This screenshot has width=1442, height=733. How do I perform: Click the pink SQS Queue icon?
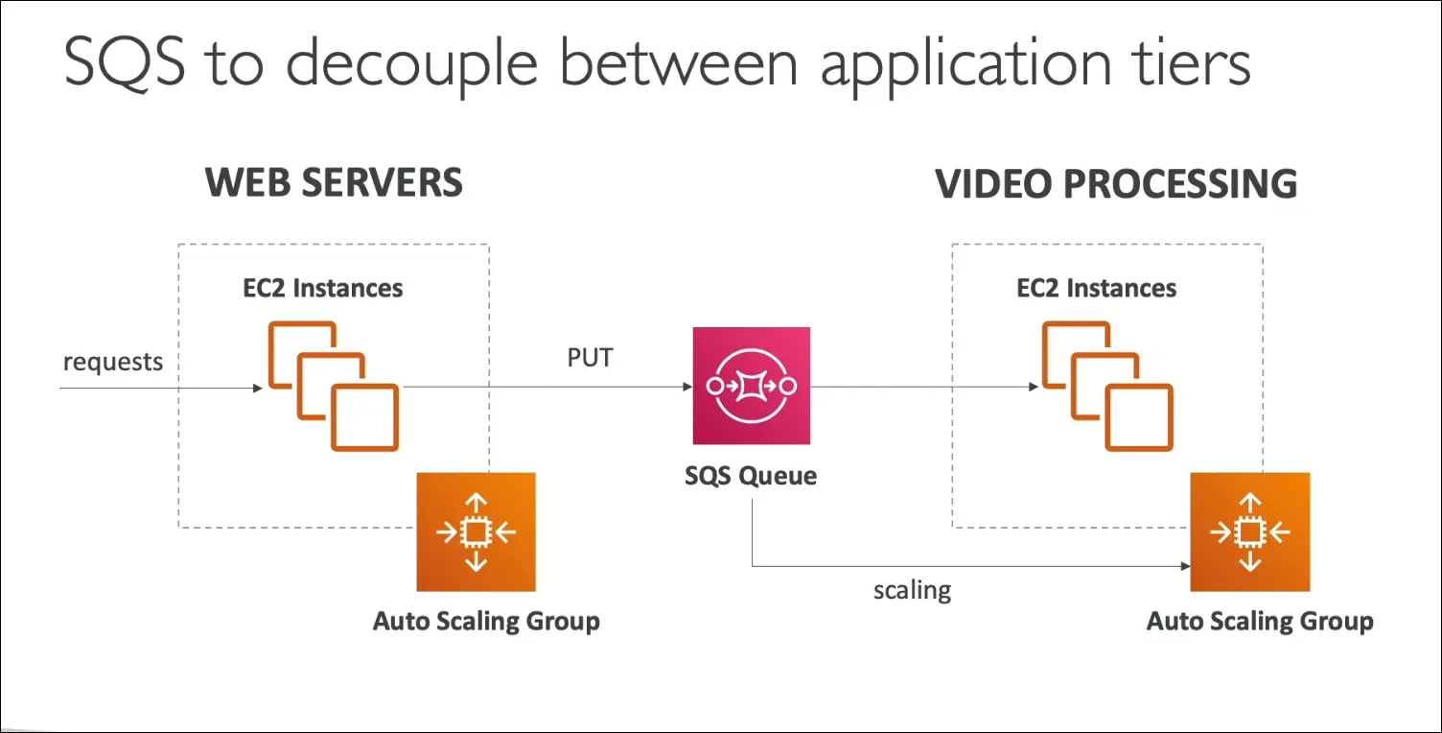tap(752, 386)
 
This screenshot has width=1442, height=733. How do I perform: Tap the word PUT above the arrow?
tap(590, 358)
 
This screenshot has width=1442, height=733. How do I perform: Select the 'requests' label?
tap(113, 362)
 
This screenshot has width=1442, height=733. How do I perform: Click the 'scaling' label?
tap(912, 589)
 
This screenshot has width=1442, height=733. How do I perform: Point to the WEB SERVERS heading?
tap(334, 182)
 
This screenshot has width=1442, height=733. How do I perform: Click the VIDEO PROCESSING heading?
tap(1116, 183)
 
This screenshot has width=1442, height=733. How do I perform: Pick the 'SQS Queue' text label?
tap(751, 475)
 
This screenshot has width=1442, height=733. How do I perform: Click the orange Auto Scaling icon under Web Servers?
tap(476, 532)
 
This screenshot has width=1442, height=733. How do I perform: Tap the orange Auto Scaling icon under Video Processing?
tap(1249, 532)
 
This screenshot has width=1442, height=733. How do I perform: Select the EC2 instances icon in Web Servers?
tap(333, 387)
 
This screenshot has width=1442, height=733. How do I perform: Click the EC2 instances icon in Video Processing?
tap(1107, 387)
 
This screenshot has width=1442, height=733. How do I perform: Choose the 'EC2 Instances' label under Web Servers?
tap(322, 288)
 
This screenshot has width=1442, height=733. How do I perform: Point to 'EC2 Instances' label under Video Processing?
tap(1096, 288)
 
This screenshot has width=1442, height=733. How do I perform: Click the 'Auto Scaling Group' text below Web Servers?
tap(486, 621)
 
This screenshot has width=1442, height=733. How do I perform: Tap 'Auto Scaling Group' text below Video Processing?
tap(1260, 621)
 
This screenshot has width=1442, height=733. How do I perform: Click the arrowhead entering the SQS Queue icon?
tap(686, 387)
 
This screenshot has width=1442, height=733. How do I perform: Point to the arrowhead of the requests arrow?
tap(256, 388)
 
